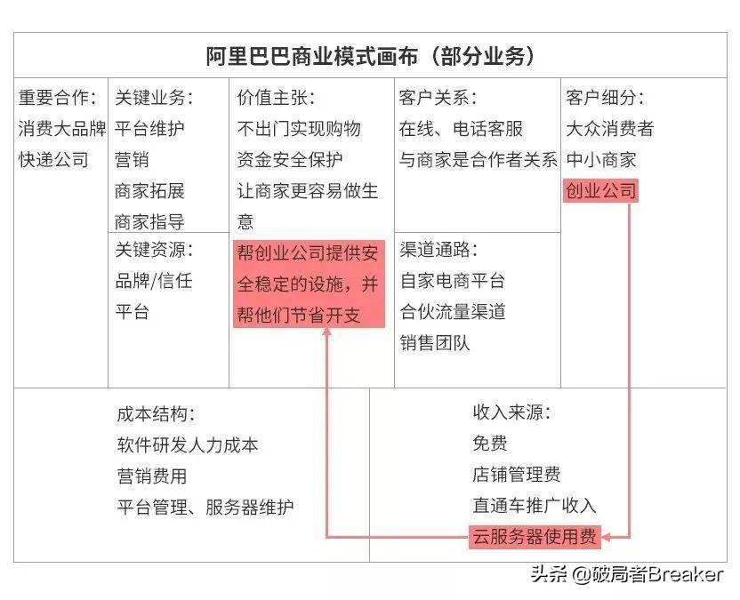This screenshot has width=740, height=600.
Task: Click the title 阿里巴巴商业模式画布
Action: pos(312,57)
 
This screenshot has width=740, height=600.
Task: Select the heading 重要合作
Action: pos(53,98)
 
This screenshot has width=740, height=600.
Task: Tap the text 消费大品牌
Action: pos(62,128)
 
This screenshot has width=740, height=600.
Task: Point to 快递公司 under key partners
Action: pos(53,159)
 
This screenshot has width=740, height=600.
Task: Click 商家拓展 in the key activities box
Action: pos(149,190)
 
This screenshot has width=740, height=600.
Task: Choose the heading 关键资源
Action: pos(150,250)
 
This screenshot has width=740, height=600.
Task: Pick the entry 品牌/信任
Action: pos(154,281)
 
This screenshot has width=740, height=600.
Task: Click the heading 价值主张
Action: pos(272,98)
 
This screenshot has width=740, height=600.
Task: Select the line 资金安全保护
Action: pos(290,159)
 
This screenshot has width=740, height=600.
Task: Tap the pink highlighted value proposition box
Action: pos(310,284)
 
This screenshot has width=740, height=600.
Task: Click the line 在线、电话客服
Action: pos(461,128)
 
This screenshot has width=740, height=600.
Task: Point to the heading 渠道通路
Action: pos(435,250)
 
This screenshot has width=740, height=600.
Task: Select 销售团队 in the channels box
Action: pos(435,343)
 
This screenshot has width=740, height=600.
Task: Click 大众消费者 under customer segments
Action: pos(610,128)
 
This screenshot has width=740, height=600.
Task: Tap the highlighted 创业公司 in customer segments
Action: pos(600,190)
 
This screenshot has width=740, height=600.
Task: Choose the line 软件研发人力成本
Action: pos(188,444)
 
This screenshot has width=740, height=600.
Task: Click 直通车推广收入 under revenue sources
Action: pos(535,505)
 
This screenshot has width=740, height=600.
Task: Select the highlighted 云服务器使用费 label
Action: pos(535,537)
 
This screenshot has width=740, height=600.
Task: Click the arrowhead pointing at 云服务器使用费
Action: pos(607,537)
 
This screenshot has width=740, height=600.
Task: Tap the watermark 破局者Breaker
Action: pos(656,574)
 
